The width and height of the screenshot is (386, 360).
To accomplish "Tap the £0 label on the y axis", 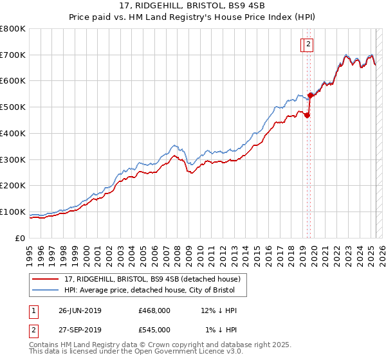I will tap(21, 238).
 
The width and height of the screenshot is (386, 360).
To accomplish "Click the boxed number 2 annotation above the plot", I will tap(309, 44).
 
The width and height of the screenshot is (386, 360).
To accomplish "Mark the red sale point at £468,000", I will tap(307, 116).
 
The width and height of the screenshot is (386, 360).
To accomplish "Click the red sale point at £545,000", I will tap(310, 95).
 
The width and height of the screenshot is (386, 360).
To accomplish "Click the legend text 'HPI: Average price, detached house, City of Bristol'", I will tap(154, 291).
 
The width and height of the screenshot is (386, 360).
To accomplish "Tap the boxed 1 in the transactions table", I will tap(33, 310).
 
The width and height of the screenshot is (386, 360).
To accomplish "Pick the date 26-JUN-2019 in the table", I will tap(80, 310).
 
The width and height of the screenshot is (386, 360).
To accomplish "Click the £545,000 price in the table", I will tap(154, 330).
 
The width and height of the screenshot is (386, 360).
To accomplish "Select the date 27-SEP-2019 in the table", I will tap(80, 330).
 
